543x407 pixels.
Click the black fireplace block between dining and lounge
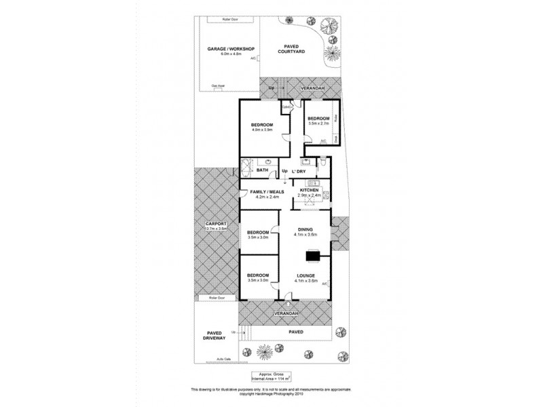(x=313, y=256)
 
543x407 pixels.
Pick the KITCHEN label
(x=309, y=191)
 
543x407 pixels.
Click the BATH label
(x=252, y=171)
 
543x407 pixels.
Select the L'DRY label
(x=299, y=171)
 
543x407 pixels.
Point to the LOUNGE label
(x=305, y=275)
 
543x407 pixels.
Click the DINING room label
(x=305, y=230)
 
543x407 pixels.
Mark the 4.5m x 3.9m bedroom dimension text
(x=261, y=130)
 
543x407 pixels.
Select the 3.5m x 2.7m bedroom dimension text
(x=318, y=124)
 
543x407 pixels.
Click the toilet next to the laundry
(x=324, y=163)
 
